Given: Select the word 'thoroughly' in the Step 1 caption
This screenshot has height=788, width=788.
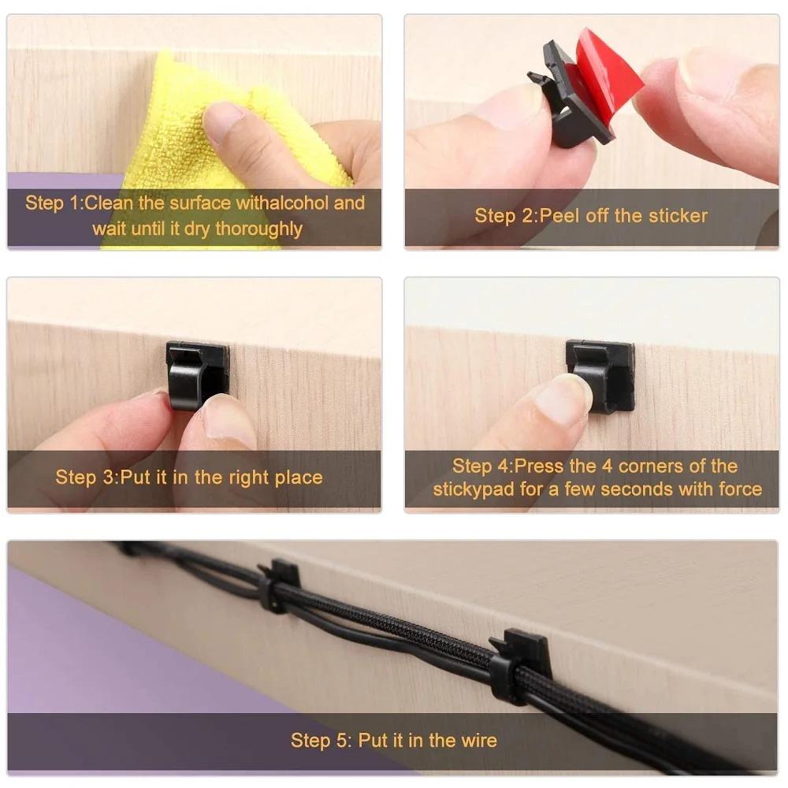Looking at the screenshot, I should (x=259, y=229).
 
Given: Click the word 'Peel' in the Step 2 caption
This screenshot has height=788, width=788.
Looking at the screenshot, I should (x=561, y=215).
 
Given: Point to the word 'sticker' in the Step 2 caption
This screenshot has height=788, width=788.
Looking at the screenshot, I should (x=678, y=215).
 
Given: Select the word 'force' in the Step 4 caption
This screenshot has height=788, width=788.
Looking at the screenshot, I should (x=740, y=489).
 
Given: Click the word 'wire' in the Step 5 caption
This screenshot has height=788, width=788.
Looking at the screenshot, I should (x=478, y=740).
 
